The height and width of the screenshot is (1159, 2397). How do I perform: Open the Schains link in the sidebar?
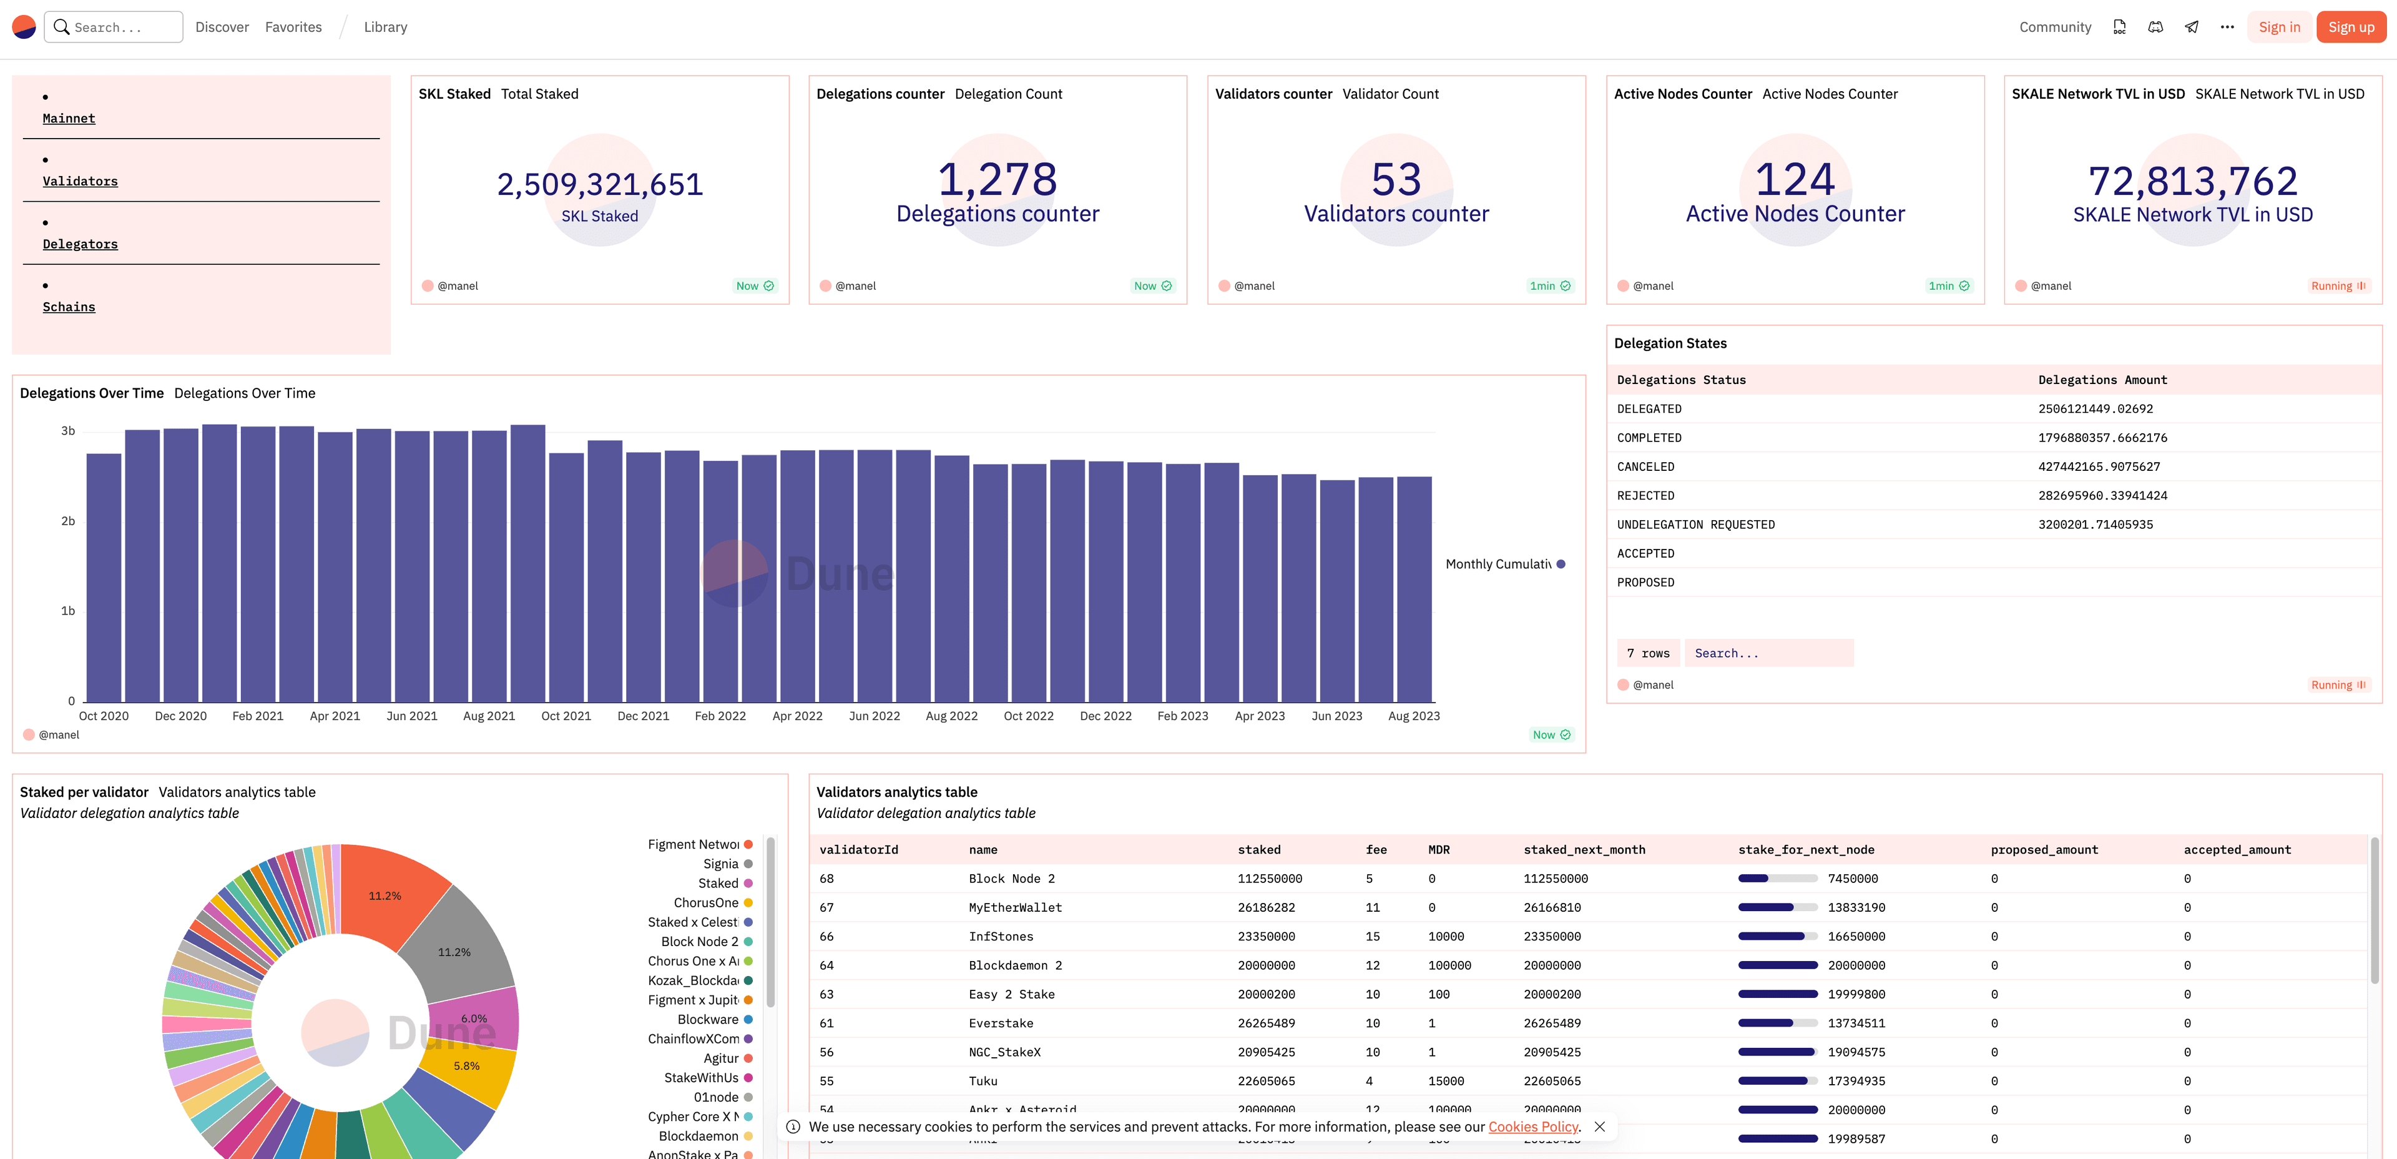click(69, 307)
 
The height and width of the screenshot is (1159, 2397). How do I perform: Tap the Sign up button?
click(2350, 27)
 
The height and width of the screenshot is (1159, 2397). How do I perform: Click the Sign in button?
click(2279, 27)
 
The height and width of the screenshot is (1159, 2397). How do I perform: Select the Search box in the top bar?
click(114, 27)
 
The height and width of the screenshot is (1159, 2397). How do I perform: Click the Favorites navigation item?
click(293, 27)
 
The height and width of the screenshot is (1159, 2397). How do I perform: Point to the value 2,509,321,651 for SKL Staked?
click(599, 184)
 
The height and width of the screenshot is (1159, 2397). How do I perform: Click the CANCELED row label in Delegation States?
click(1645, 467)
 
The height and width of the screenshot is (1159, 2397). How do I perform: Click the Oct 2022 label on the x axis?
click(1028, 716)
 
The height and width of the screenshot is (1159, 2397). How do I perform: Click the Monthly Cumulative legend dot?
click(1561, 564)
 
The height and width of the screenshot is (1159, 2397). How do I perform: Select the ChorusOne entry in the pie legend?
click(706, 903)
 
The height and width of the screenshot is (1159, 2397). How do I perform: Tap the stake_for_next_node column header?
click(1806, 850)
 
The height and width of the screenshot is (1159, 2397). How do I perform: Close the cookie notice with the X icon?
click(1599, 1127)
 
